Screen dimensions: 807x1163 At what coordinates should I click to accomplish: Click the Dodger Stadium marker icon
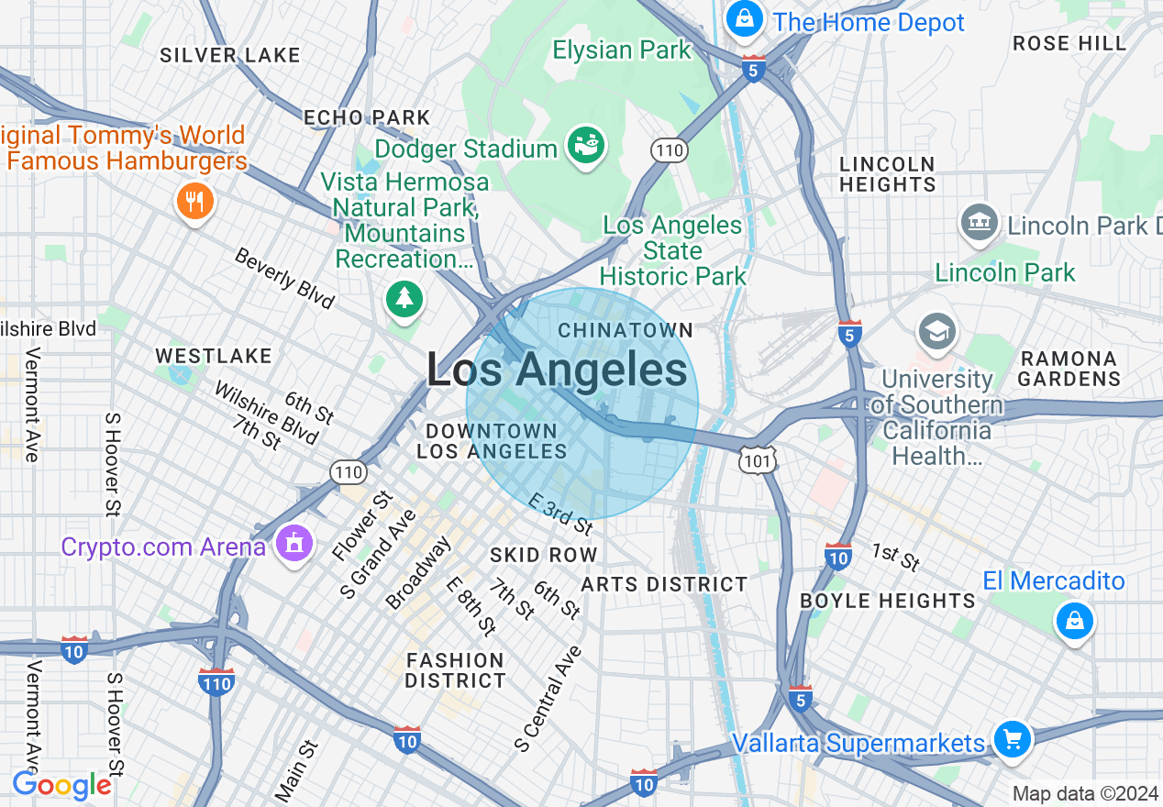pyautogui.click(x=585, y=146)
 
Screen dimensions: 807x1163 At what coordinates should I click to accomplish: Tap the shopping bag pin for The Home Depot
pyautogui.click(x=745, y=17)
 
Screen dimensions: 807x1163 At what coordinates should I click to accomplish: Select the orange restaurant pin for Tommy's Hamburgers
pyautogui.click(x=194, y=202)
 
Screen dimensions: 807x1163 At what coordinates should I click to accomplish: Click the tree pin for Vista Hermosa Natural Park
pyautogui.click(x=404, y=298)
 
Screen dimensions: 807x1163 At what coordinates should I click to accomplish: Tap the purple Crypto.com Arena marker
pyautogui.click(x=294, y=544)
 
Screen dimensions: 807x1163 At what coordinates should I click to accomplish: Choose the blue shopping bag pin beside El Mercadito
pyautogui.click(x=1074, y=621)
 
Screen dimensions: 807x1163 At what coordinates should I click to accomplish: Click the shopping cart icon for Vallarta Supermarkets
pyautogui.click(x=1012, y=738)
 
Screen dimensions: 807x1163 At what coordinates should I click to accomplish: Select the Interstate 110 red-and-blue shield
pyautogui.click(x=216, y=681)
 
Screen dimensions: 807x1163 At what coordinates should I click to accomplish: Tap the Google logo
pyautogui.click(x=61, y=785)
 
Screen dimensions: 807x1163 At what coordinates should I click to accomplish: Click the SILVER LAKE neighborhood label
pyautogui.click(x=230, y=55)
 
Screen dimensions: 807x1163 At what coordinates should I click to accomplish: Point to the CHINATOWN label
pyautogui.click(x=626, y=329)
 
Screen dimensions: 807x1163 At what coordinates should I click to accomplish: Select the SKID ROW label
pyautogui.click(x=544, y=555)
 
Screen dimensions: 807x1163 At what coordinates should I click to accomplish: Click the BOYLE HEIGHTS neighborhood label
pyautogui.click(x=888, y=601)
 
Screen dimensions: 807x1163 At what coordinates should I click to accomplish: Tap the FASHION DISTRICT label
pyautogui.click(x=455, y=670)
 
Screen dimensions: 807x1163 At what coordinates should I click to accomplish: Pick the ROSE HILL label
pyautogui.click(x=1069, y=43)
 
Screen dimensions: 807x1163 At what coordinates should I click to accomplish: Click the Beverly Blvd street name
pyautogui.click(x=284, y=278)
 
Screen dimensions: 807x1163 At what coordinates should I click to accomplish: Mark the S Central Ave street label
pyautogui.click(x=548, y=699)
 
